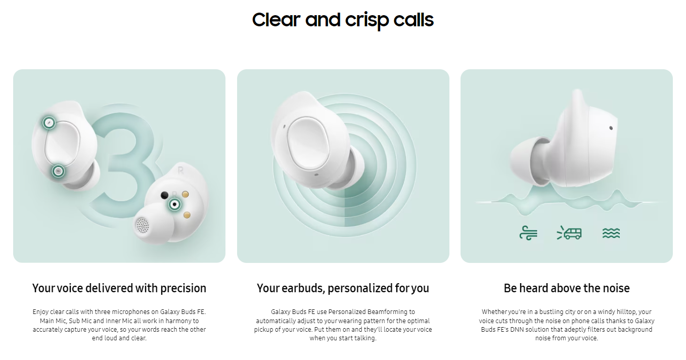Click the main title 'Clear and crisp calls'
[x=343, y=20]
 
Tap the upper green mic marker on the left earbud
[x=49, y=123]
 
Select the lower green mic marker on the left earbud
[x=58, y=171]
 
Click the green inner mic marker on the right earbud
[x=174, y=204]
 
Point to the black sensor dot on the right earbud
[x=164, y=195]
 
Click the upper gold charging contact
[x=186, y=194]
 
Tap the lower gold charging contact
[x=187, y=215]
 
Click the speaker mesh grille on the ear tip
[x=142, y=225]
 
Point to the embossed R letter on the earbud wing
[x=180, y=170]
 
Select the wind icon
[x=529, y=233]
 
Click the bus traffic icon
[x=569, y=233]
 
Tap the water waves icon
[x=611, y=233]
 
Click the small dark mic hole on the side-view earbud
[x=611, y=128]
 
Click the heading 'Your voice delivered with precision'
[x=119, y=288]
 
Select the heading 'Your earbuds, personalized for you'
[x=343, y=288]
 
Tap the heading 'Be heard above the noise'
[x=567, y=288]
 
